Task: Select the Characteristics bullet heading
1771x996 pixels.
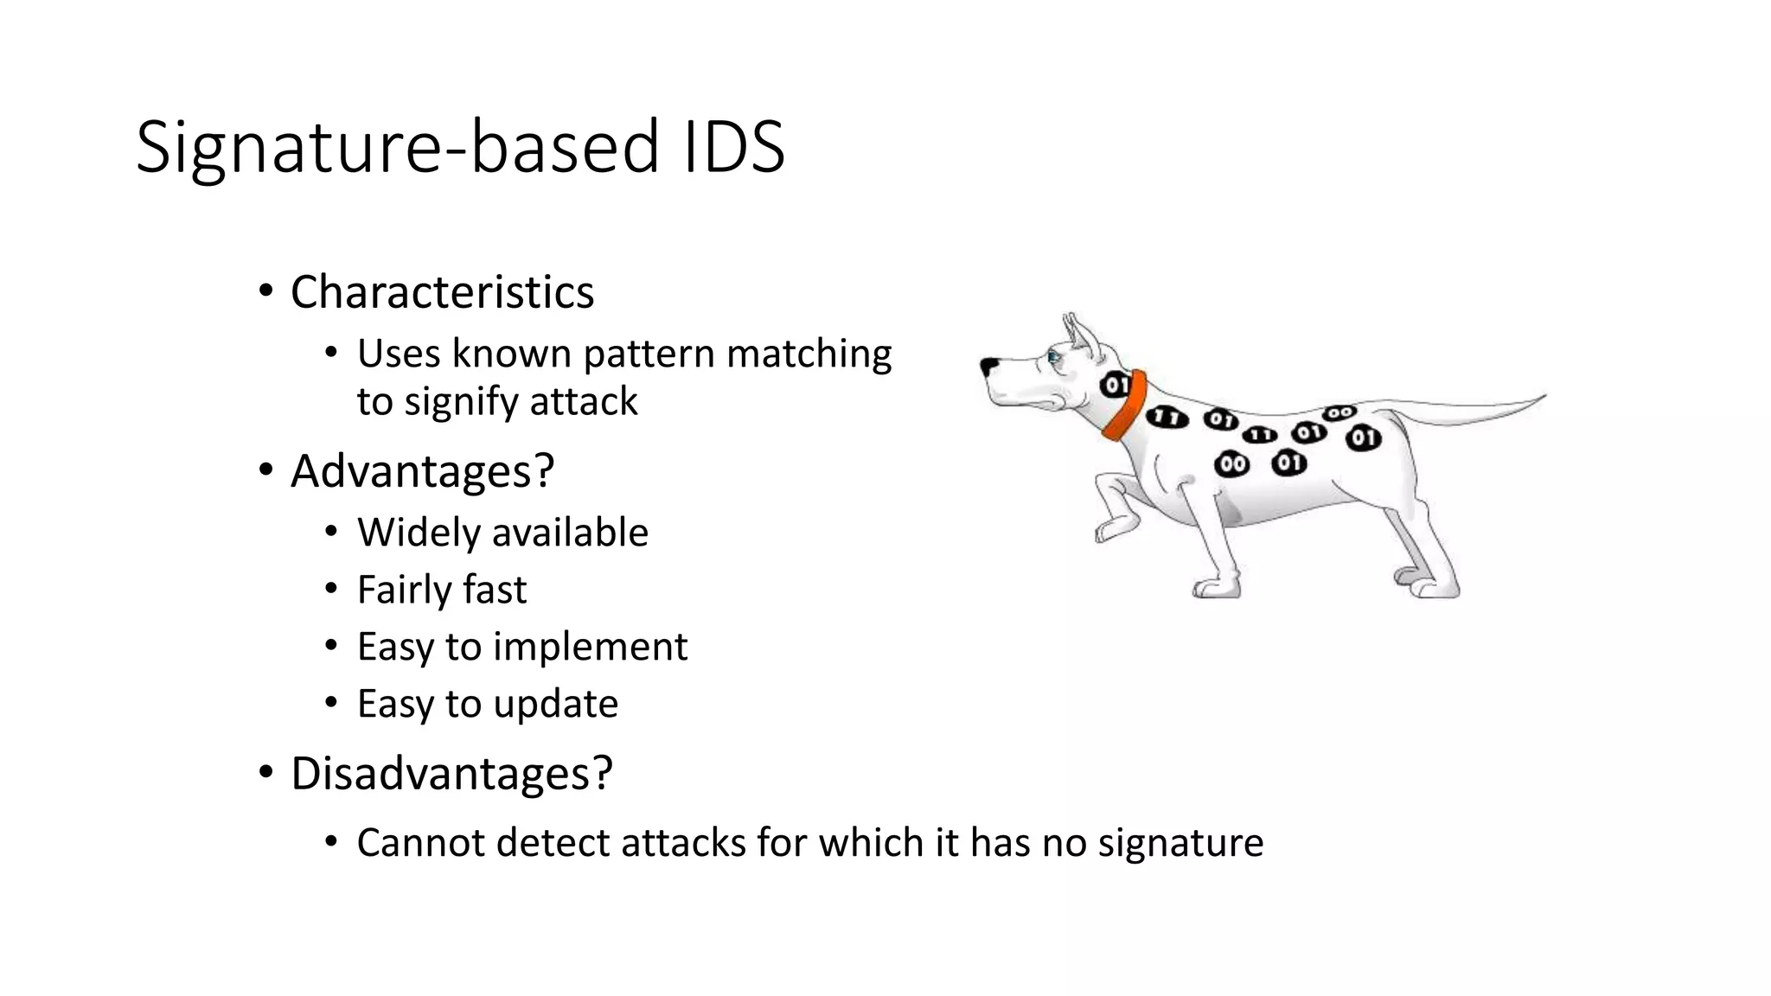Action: (x=442, y=292)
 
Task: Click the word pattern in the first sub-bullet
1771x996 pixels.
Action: (x=649, y=354)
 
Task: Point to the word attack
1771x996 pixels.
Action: (x=584, y=402)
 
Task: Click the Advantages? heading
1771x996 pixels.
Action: (x=422, y=471)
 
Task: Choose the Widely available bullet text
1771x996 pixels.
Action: (x=502, y=533)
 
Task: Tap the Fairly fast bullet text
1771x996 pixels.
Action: (x=441, y=591)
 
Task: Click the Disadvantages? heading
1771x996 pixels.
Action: (x=451, y=773)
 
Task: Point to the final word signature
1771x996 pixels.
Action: (x=1180, y=843)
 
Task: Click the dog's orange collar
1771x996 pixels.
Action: (x=1127, y=406)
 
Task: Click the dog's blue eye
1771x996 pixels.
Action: (x=1053, y=355)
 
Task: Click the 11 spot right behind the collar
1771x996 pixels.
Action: (x=1167, y=418)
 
